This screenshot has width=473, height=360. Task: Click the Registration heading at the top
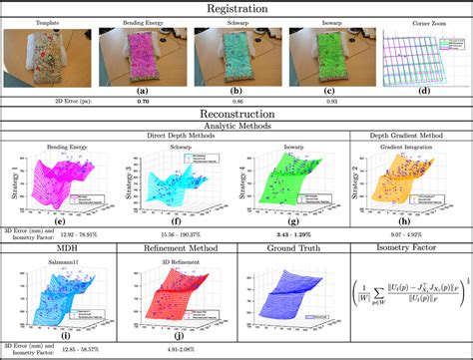[x=236, y=8]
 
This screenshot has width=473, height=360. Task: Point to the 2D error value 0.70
[x=142, y=102]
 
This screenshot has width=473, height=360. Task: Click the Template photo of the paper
[x=48, y=57]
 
